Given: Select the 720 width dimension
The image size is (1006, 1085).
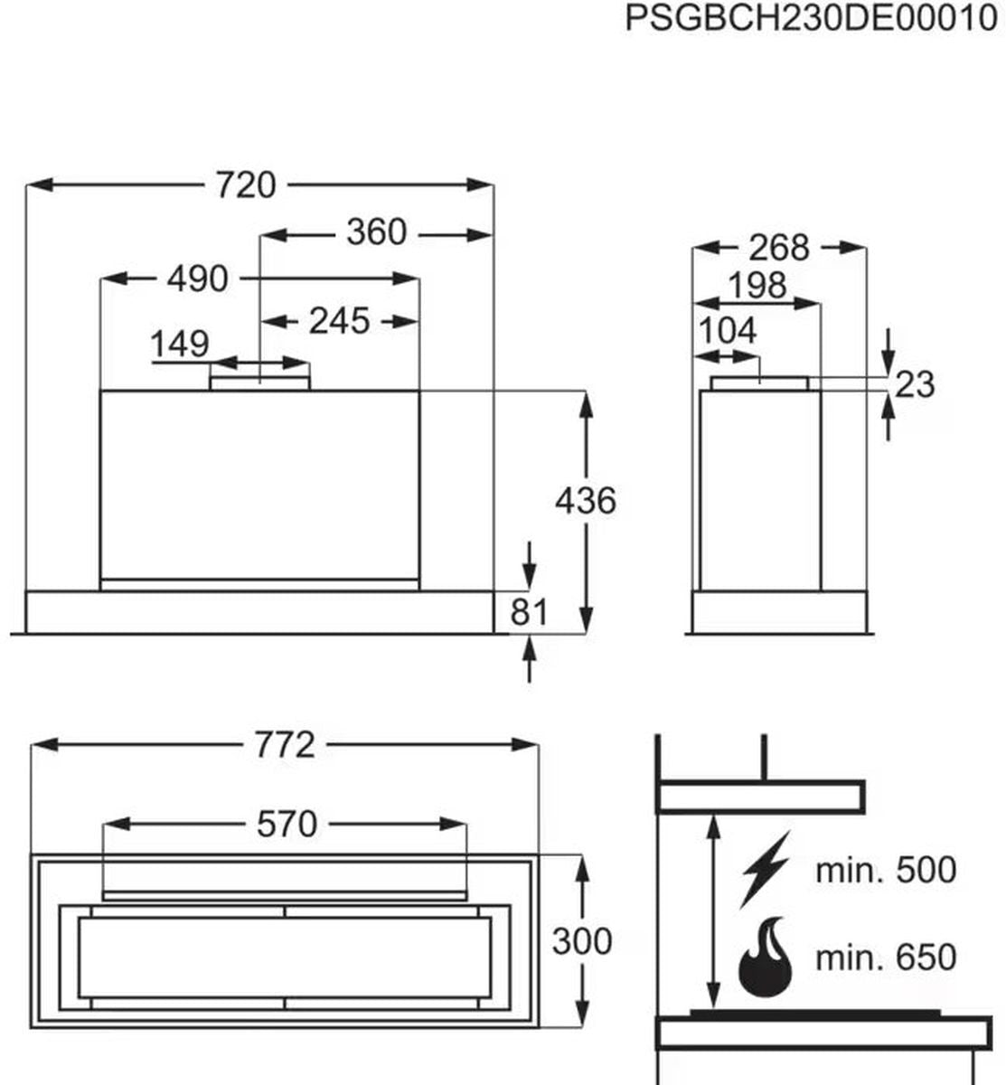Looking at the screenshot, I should tap(246, 184).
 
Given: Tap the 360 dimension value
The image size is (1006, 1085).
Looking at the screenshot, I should tap(376, 233).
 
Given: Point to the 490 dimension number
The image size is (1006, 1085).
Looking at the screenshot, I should tap(197, 278).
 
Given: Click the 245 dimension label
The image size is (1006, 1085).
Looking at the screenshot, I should tap(339, 320).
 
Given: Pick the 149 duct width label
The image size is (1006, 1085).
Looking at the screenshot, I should tap(179, 344).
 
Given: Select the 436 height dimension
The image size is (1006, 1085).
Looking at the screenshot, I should tap(586, 500).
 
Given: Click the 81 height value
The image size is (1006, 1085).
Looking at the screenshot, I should tap(530, 612).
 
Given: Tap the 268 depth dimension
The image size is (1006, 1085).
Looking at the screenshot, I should tap(779, 247).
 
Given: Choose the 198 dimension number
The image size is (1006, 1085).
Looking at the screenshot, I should tap(757, 286).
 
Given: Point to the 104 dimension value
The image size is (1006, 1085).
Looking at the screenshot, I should tap(728, 331).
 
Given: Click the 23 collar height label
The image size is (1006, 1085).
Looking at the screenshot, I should tap(915, 384).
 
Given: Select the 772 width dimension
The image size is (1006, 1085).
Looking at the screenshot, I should tap(285, 745).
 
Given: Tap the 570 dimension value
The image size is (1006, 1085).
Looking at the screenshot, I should tap(287, 824).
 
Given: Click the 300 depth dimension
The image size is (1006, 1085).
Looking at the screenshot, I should tap(582, 941).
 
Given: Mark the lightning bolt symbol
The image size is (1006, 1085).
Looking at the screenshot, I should tap(765, 869).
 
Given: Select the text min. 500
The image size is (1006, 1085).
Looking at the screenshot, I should tap(885, 870).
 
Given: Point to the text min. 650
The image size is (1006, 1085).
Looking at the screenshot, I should tap(885, 957).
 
